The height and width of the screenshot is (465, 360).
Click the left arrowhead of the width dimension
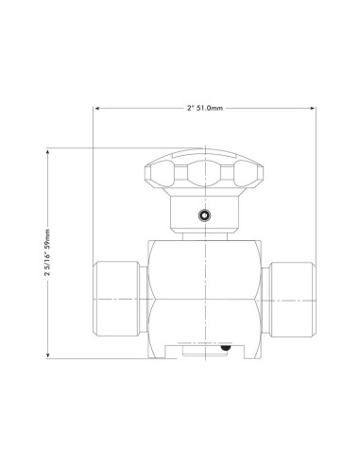[96, 110]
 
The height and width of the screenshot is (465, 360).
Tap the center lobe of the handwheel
[203, 173]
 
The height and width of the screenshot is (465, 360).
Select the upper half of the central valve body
[203, 269]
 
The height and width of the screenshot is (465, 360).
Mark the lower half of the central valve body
[203, 321]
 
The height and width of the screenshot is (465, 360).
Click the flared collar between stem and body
[203, 236]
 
